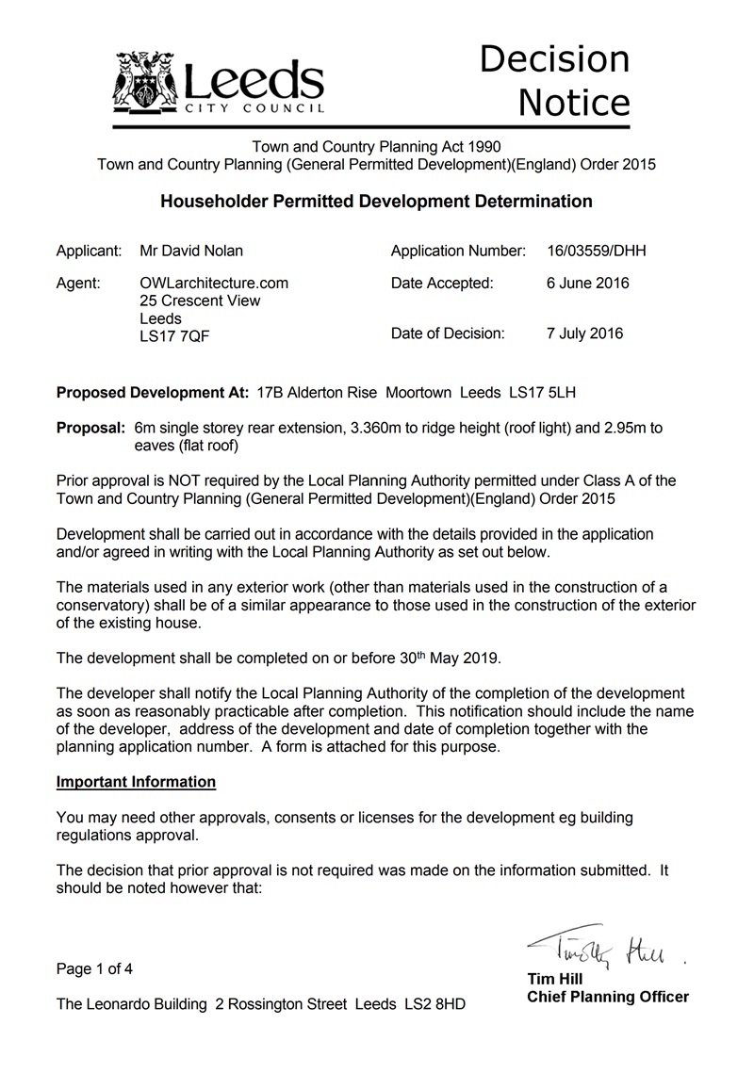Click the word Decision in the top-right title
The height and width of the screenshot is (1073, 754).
coord(554,58)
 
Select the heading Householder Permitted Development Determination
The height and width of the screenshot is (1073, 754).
coord(376,201)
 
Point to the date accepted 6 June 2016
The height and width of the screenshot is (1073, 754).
coord(587,283)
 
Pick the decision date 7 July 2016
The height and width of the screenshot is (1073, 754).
coord(584,333)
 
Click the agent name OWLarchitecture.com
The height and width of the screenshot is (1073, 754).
coord(214,283)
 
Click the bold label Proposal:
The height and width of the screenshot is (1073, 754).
coord(91,428)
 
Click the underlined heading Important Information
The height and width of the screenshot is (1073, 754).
coord(136,782)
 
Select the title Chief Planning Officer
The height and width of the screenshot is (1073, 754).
coord(608,997)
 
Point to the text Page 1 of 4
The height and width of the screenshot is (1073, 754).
coord(94,968)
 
